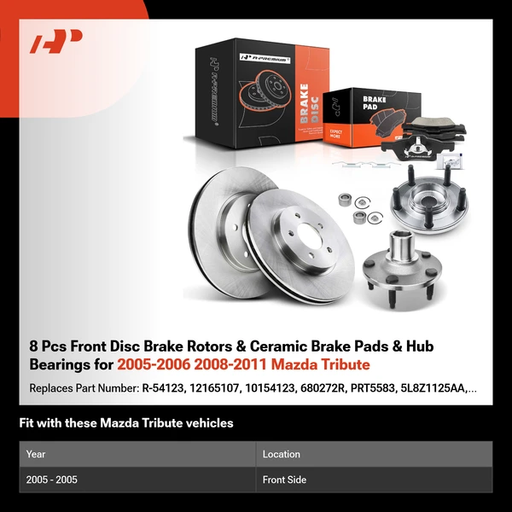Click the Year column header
[x=36, y=454]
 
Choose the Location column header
[x=281, y=454]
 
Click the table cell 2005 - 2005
[x=52, y=480]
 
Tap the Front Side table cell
[x=284, y=480]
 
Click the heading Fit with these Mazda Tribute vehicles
[x=126, y=423]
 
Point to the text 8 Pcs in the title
[x=45, y=346]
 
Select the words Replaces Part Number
[x=83, y=388]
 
